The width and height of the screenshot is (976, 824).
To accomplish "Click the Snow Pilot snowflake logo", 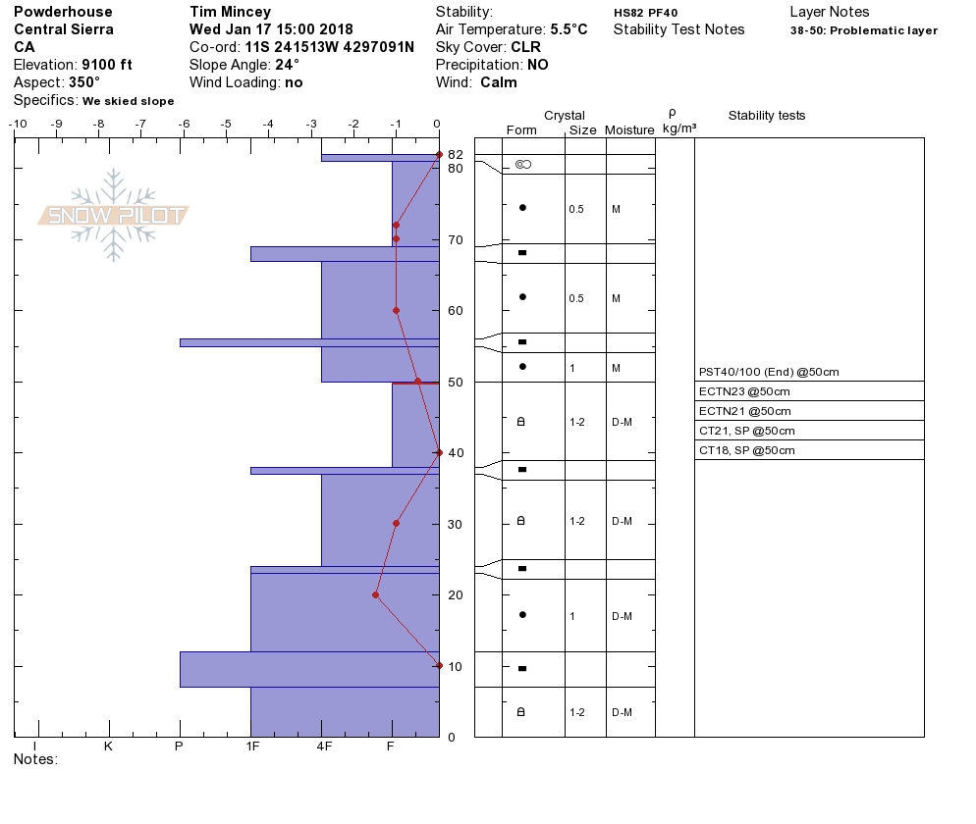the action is pos(113,215).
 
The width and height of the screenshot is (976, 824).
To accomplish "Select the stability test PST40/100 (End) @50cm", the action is pos(769,372).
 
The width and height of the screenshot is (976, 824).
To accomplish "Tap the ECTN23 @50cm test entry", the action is pos(744,391).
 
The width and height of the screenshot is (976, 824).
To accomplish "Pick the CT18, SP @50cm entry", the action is pos(747,450).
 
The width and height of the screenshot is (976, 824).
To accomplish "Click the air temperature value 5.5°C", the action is pos(569,29).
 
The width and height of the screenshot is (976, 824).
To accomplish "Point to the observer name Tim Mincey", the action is pos(231,12).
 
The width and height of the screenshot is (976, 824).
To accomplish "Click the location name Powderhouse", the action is pos(63,12).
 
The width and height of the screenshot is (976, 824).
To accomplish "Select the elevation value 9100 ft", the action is pos(106,65).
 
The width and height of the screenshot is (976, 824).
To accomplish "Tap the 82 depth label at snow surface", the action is pos(456,154).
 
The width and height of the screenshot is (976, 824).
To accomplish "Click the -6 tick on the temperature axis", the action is pos(184,124).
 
